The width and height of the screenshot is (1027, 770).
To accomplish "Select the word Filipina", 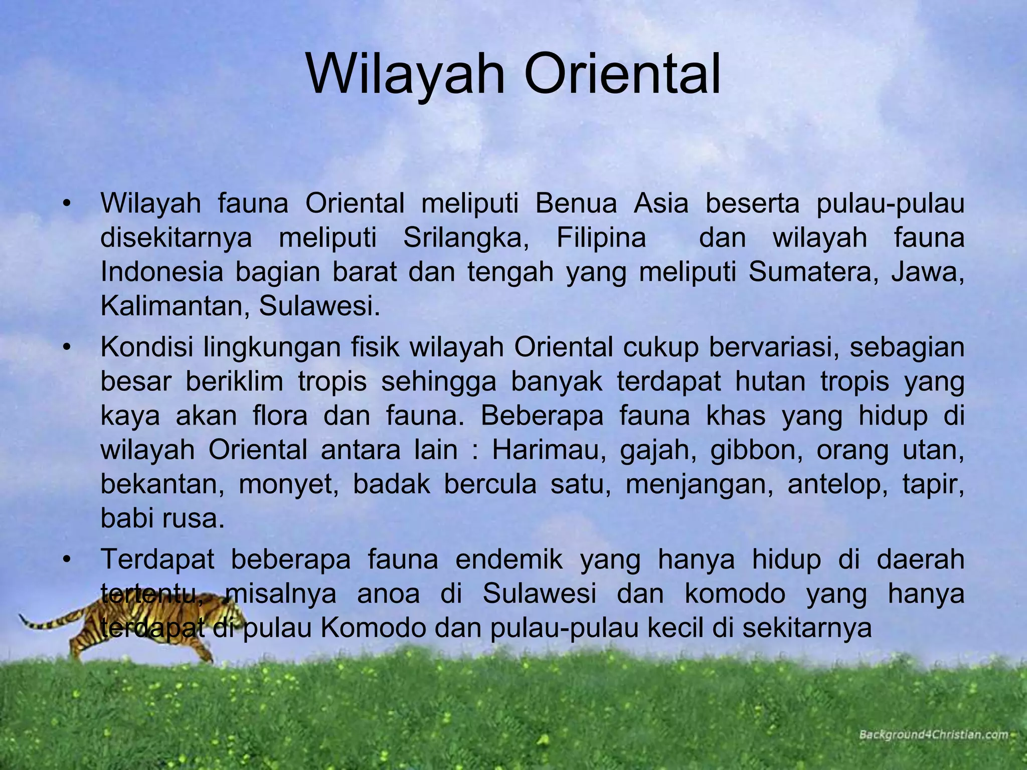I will coord(601,238).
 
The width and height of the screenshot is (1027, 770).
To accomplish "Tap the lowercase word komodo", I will coord(735,594).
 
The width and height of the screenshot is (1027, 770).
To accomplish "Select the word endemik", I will coord(509,559).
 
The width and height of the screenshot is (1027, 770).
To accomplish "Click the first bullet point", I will coord(66,204).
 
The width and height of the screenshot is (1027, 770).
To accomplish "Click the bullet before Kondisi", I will coord(66,347).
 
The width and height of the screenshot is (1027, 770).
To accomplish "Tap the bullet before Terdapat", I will coord(66,559).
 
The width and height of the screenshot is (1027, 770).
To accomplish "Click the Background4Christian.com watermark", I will coord(933,735).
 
